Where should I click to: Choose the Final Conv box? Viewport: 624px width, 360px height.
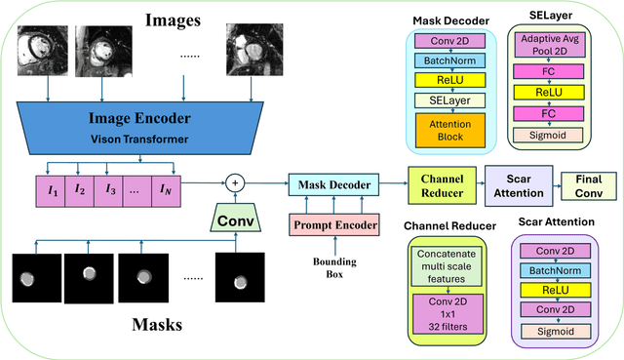588,185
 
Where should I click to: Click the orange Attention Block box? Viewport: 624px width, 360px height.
450,129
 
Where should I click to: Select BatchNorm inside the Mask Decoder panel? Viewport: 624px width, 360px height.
450,60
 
